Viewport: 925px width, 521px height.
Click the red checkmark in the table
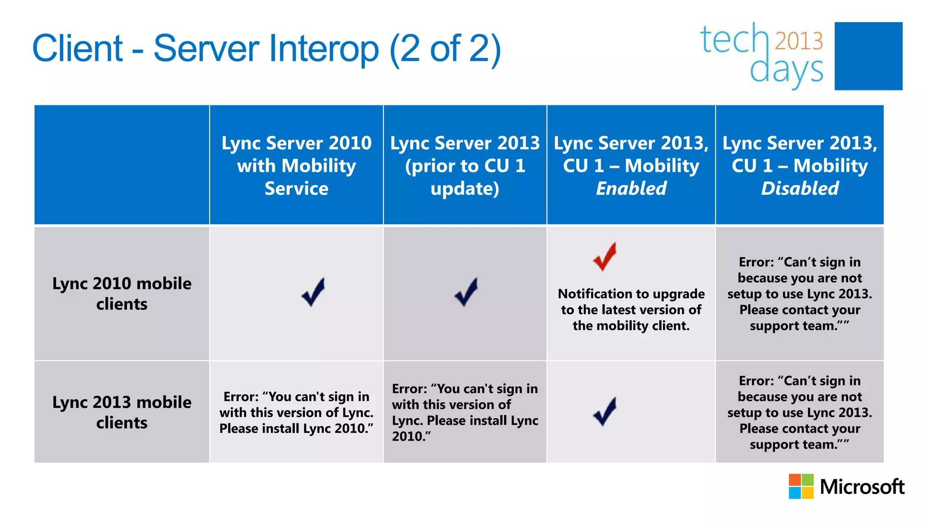[x=605, y=256]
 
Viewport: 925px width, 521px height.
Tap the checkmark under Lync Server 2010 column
[x=313, y=292]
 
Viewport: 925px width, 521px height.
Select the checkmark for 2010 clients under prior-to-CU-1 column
[x=466, y=292]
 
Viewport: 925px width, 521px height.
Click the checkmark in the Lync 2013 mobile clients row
[x=605, y=411]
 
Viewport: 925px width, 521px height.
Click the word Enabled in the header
[x=631, y=189]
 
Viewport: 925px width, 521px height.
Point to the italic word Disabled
[x=800, y=189]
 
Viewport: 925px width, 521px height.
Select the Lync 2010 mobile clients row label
[x=122, y=294]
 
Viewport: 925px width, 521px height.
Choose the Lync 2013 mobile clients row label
[x=122, y=412]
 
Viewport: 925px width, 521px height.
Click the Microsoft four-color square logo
[x=801, y=486]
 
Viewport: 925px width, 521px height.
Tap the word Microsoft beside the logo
[x=862, y=487]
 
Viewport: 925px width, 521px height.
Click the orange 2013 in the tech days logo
[x=799, y=41]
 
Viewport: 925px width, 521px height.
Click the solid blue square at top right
[x=868, y=56]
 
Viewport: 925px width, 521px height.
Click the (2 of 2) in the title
[x=445, y=48]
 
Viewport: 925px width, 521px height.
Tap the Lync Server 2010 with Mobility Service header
[x=296, y=166]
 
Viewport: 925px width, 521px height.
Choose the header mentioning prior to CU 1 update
[x=465, y=166]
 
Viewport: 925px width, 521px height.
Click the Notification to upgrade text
[x=631, y=310]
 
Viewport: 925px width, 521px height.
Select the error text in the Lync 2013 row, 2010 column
[x=296, y=412]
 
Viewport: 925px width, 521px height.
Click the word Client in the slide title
[x=78, y=48]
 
